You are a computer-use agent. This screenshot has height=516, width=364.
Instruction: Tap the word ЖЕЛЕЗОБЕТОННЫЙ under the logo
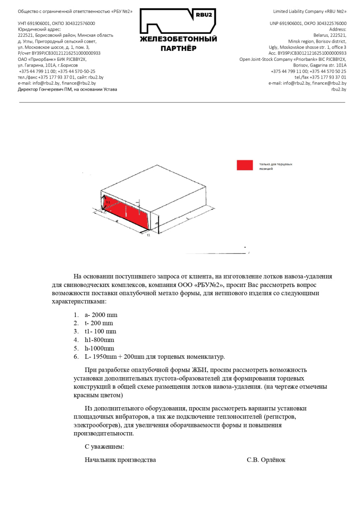(178, 39)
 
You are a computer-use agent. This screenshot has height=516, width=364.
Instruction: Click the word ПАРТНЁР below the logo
(178, 48)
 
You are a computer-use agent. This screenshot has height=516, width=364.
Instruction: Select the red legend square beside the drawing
(245, 165)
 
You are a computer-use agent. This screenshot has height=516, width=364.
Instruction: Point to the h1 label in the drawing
(108, 202)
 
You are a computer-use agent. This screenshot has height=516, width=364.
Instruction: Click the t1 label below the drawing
(148, 235)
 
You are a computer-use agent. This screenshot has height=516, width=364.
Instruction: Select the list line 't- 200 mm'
(99, 323)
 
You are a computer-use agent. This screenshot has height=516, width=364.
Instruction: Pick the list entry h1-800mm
(99, 340)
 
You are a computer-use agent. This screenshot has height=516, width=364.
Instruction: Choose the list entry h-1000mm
(99, 348)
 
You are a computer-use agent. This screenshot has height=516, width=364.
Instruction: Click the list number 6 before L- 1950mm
(76, 357)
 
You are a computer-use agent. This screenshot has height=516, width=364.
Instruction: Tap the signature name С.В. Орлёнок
(266, 460)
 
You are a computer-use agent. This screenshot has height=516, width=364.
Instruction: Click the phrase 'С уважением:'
(104, 447)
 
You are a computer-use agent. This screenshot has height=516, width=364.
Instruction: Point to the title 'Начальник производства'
(120, 460)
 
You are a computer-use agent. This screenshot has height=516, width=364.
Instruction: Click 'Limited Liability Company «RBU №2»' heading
(309, 12)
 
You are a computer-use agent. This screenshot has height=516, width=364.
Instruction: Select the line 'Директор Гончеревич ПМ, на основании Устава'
(67, 89)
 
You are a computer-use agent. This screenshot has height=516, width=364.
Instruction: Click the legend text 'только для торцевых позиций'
(275, 166)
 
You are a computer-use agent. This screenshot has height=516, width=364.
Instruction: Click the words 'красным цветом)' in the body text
(98, 395)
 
